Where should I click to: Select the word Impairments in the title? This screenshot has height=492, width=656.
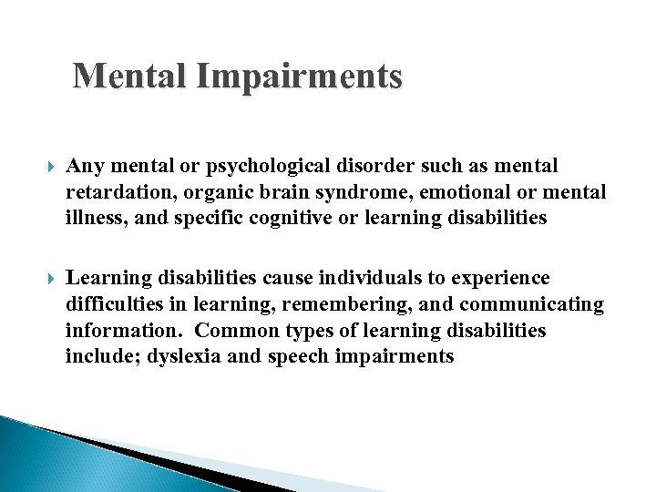[299, 76]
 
